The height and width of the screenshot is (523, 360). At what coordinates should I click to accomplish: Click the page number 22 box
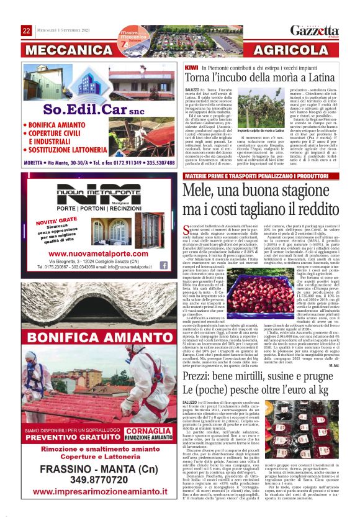click(x=27, y=30)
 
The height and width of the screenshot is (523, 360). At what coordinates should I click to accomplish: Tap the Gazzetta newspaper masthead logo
click(x=318, y=30)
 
